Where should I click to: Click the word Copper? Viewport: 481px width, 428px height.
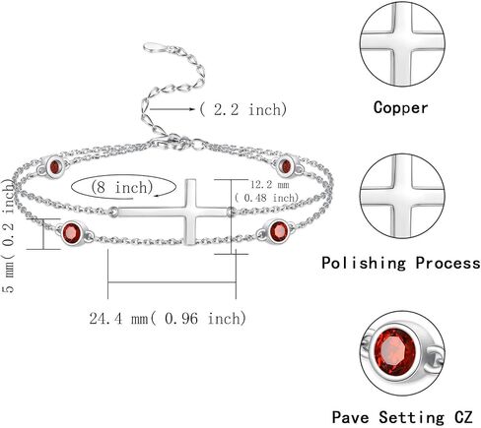pyautogui.click(x=400, y=108)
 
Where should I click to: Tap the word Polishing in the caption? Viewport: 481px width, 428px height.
pyautogui.click(x=364, y=263)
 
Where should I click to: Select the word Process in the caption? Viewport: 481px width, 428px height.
pyautogui.click(x=447, y=263)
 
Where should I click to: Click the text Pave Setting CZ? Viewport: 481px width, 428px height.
pyautogui.click(x=402, y=417)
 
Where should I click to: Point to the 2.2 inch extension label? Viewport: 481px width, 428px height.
pyautogui.click(x=243, y=109)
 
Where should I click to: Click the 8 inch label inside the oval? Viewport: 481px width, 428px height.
pyautogui.click(x=122, y=187)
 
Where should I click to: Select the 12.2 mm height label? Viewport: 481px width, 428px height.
pyautogui.click(x=270, y=185)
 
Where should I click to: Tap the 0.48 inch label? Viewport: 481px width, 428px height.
pyautogui.click(x=266, y=198)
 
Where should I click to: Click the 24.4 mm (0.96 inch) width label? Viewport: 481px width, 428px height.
pyautogui.click(x=168, y=318)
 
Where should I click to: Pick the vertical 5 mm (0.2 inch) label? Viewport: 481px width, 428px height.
pyautogui.click(x=9, y=236)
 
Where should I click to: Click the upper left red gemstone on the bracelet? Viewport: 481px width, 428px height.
pyautogui.click(x=54, y=166)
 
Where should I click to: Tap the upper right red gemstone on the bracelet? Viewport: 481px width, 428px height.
pyautogui.click(x=286, y=166)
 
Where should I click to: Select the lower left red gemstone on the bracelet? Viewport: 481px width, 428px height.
pyautogui.click(x=72, y=232)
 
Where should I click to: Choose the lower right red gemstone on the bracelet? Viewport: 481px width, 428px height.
pyautogui.click(x=279, y=231)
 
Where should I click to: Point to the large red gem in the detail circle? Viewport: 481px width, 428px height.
pyautogui.click(x=395, y=351)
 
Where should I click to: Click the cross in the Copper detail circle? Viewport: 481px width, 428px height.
pyautogui.click(x=402, y=43)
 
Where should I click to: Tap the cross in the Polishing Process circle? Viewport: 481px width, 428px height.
pyautogui.click(x=402, y=196)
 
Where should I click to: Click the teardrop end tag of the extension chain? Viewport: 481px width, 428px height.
pyautogui.click(x=151, y=47)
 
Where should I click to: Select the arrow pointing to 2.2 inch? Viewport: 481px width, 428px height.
pyautogui.click(x=172, y=109)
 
